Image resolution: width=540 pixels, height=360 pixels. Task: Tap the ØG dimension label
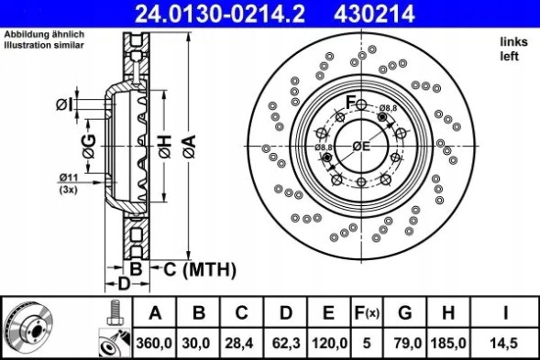coord(89,146)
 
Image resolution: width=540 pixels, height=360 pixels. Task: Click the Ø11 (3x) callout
coord(68,182)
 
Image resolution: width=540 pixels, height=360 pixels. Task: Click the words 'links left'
coord(511,49)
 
